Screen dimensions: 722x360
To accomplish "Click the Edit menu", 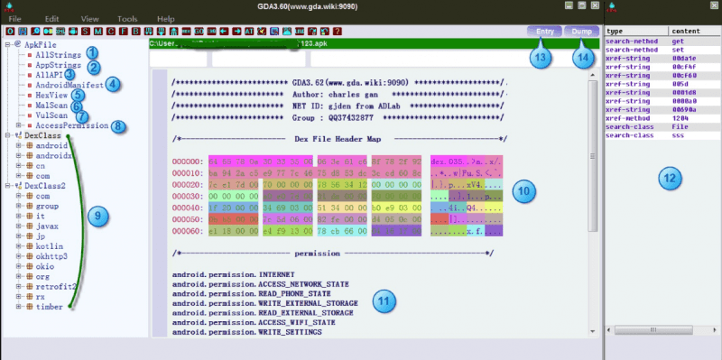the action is [51, 18].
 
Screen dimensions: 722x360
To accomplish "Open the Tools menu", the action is [127, 18].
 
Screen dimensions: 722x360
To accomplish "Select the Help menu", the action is [166, 18].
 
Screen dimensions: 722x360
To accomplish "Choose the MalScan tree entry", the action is [51, 105].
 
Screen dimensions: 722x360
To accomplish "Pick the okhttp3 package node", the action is [51, 256].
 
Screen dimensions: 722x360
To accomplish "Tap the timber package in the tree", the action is [49, 307].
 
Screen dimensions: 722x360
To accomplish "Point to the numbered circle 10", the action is [523, 191].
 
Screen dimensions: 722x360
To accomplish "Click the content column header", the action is [681, 31].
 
